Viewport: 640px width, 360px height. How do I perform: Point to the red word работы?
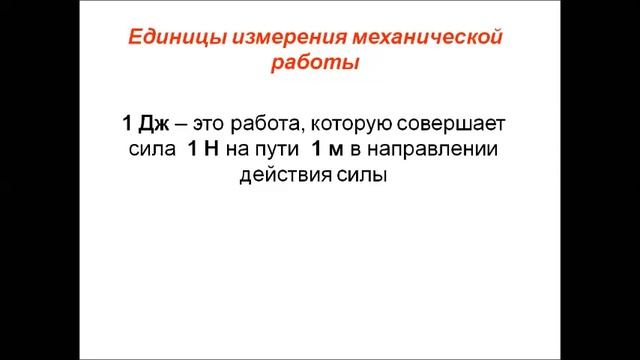coord(315,62)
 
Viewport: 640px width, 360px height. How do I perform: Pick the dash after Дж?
coord(178,124)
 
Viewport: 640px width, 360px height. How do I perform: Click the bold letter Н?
coord(211,150)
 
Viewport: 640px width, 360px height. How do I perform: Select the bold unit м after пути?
coord(338,150)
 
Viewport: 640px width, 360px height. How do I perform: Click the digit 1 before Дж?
coord(127,124)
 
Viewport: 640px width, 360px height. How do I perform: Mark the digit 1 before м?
coord(317,150)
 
